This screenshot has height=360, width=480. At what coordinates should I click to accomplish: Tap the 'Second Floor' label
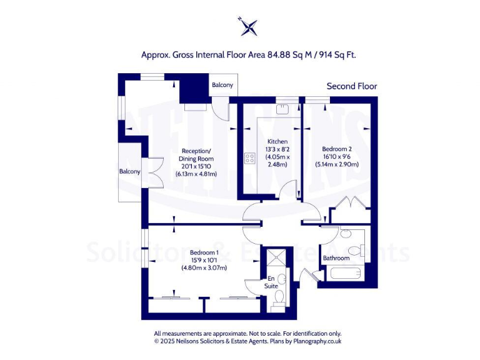pyautogui.click(x=352, y=86)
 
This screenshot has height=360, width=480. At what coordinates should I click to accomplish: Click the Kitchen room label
pyautogui.click(x=276, y=141)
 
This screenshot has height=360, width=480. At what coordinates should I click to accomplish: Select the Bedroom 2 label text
pyautogui.click(x=336, y=149)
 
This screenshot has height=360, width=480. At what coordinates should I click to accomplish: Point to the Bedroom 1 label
pyautogui.click(x=204, y=252)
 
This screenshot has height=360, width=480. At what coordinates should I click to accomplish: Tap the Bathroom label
pyautogui.click(x=336, y=258)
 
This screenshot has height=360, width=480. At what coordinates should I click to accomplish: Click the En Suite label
pyautogui.click(x=271, y=282)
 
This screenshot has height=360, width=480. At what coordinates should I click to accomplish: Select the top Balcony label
pyautogui.click(x=222, y=85)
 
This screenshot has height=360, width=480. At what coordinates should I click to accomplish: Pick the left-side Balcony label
pyautogui.click(x=129, y=171)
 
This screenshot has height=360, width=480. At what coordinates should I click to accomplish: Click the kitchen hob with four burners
pyautogui.click(x=250, y=158)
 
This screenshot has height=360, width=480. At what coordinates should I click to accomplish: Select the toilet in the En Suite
pyautogui.click(x=280, y=296)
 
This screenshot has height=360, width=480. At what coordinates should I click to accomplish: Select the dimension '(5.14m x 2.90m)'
pyautogui.click(x=336, y=164)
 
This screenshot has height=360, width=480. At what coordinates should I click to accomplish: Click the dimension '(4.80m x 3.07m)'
pyautogui.click(x=204, y=267)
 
